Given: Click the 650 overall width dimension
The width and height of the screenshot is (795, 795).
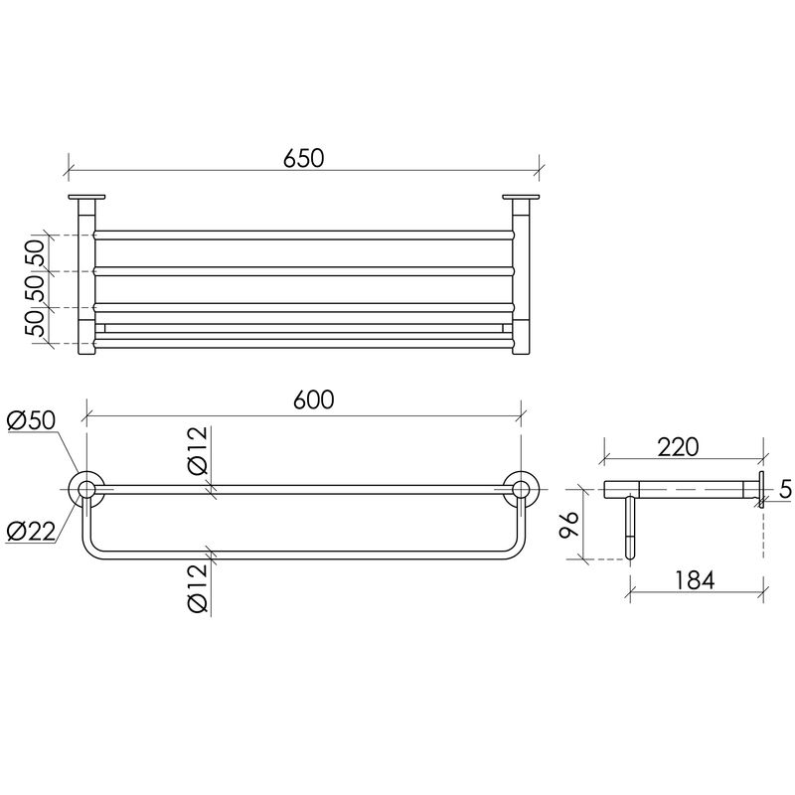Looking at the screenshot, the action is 303,158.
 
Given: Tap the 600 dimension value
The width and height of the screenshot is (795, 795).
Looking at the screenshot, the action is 314,400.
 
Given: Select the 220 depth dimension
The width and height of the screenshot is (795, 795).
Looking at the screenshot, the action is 678,446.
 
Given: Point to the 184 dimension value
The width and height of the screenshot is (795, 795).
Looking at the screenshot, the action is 694,580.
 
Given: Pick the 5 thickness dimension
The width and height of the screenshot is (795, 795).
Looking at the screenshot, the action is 785,489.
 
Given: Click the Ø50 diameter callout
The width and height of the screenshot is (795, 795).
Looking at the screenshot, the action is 32,420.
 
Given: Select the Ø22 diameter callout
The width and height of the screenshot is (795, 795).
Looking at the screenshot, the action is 31,531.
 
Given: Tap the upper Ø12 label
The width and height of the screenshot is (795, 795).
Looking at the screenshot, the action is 198,450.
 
